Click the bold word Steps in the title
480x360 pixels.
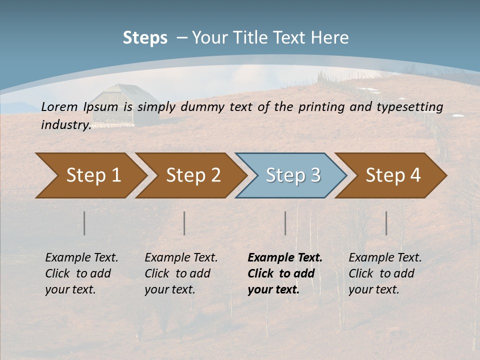point(145,38)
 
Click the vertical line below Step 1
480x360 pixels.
point(84,223)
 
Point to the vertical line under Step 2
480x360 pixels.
point(184,223)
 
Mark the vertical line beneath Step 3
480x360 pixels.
point(285,223)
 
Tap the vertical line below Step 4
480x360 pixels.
point(386,223)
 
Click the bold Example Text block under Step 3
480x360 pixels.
point(285,273)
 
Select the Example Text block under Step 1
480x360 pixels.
point(81,273)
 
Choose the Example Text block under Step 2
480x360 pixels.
point(181,273)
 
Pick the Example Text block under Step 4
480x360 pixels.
point(385,273)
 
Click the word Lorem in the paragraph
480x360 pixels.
point(59,106)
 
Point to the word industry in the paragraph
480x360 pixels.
point(65,125)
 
